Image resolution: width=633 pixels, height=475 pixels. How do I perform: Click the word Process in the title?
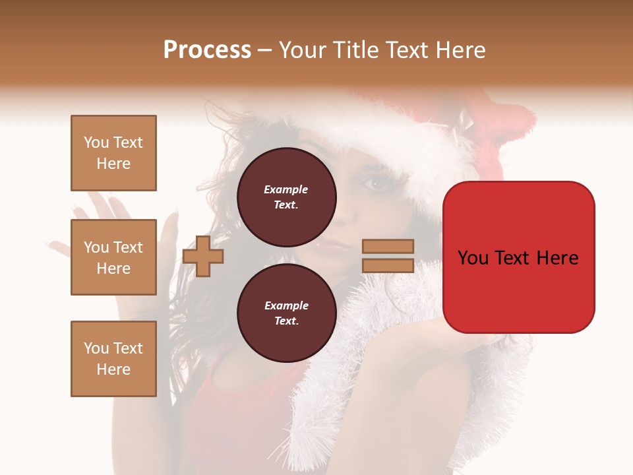[x=207, y=50]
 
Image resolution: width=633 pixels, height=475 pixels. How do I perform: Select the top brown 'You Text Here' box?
[x=113, y=153]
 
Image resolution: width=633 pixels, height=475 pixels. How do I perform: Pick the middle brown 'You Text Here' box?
[x=113, y=257]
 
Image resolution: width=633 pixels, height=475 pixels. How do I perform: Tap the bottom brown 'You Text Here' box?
[x=113, y=359]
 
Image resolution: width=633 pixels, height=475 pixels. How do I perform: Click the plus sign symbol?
[x=203, y=257]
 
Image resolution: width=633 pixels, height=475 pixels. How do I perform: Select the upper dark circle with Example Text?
[x=286, y=197]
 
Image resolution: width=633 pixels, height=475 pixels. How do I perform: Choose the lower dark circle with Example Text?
[x=286, y=313]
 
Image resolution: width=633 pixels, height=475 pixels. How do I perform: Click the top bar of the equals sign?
[x=388, y=246]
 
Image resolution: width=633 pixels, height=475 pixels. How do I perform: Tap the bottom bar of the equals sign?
[x=388, y=265]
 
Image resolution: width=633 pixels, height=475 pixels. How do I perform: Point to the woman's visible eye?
[x=377, y=185]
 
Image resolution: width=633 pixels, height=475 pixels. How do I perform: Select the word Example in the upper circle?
[x=286, y=189]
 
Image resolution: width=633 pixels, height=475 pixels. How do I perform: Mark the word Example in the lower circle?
[x=286, y=305]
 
